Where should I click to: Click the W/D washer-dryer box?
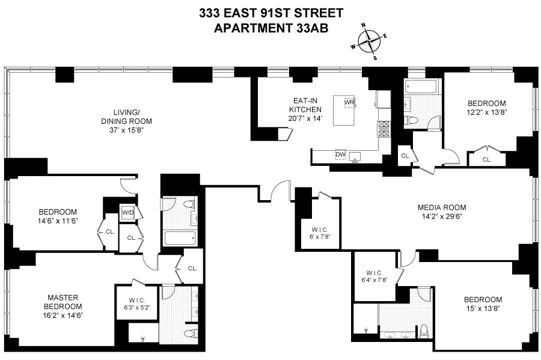pyautogui.click(x=127, y=212)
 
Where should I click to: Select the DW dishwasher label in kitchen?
pyautogui.click(x=340, y=155)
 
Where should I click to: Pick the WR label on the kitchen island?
pyautogui.click(x=349, y=102)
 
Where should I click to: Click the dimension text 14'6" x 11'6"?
pyautogui.click(x=58, y=221)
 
